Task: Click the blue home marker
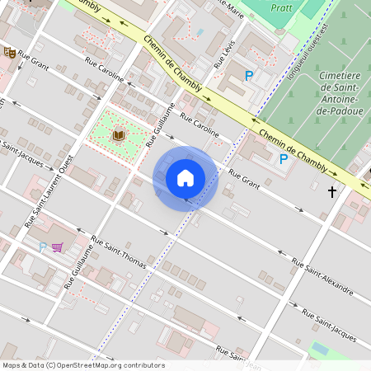click(185, 177)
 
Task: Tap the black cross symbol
click(332, 192)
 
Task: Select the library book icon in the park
click(119, 134)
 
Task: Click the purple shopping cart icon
click(57, 247)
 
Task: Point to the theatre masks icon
click(10, 53)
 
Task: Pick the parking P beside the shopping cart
click(44, 247)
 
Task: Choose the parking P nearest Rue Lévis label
click(249, 76)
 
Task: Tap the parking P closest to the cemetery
click(284, 159)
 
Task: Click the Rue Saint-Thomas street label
click(119, 253)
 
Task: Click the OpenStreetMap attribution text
click(83, 364)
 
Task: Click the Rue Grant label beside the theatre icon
click(35, 60)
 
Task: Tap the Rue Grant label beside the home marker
click(244, 180)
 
